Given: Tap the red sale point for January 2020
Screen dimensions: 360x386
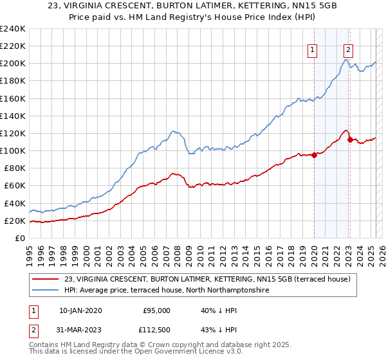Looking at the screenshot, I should click(314, 154).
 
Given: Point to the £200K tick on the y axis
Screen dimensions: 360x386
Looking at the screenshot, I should click(13, 64).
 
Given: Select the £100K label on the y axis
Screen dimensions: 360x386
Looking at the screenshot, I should click(13, 150).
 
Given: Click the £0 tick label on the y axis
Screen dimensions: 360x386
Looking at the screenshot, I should click(19, 238).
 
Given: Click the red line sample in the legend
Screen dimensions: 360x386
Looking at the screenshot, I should click(46, 279).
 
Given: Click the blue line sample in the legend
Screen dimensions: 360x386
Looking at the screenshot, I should click(46, 291).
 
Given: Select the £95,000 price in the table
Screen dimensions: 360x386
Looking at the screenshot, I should click(156, 310).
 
